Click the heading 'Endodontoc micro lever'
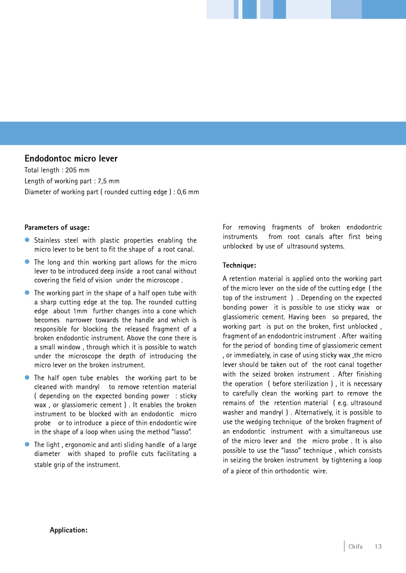(x=71, y=159)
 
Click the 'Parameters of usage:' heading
(x=57, y=227)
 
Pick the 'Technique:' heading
(x=239, y=265)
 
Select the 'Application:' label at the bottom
(x=69, y=530)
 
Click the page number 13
(x=378, y=547)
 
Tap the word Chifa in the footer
(x=355, y=547)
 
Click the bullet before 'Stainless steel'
(x=28, y=240)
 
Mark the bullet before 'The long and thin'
(x=28, y=262)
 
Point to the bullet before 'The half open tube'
(x=28, y=377)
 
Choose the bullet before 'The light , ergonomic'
(x=28, y=444)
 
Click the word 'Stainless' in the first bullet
(x=47, y=240)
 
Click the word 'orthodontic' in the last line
(x=293, y=471)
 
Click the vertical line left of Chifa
(x=344, y=546)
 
